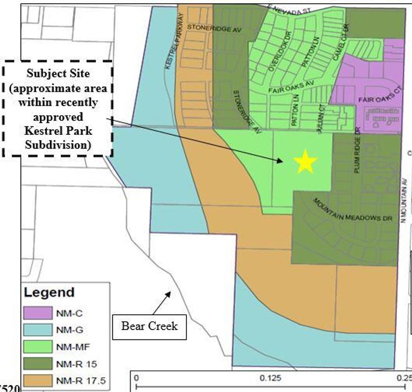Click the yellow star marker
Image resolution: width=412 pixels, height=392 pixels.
(x=305, y=162)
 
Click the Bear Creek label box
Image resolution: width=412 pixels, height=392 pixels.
(x=149, y=325)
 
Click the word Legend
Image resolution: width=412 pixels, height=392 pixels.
(x=49, y=293)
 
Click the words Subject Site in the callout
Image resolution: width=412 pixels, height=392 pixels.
(x=58, y=74)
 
